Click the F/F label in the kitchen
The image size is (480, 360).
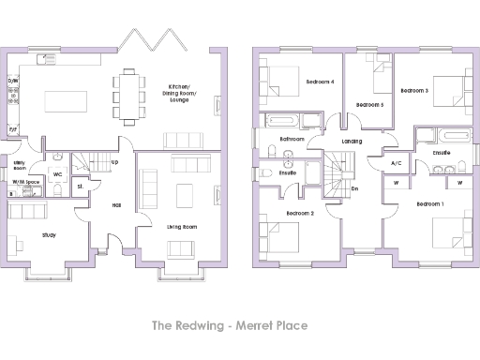12,129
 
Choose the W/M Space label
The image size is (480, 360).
25,182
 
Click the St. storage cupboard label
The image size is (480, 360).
81,187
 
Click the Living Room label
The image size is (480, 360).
182,227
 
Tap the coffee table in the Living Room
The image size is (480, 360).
185,194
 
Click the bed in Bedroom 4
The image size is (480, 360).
277,78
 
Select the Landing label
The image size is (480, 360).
352,142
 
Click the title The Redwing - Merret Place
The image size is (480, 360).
240,326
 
